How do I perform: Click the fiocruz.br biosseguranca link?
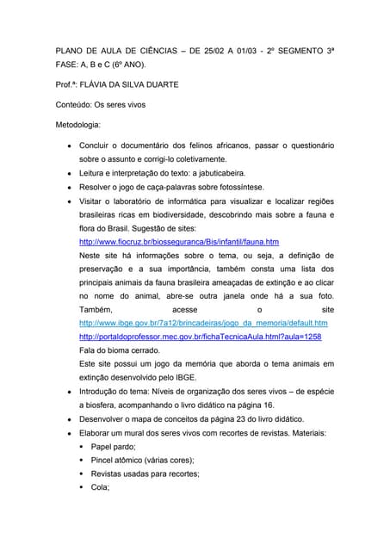pos(178,243)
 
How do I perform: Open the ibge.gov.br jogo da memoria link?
pos(202,323)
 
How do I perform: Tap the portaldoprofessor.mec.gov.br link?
pos(200,337)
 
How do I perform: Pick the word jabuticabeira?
pos(245,173)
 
